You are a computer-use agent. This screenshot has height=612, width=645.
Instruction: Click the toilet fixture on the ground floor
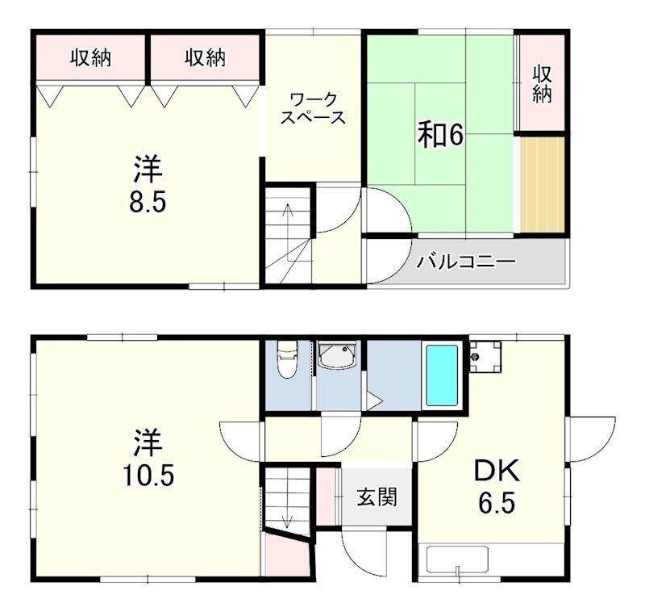click(287, 358)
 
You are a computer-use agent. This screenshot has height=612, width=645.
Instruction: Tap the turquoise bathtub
click(442, 375)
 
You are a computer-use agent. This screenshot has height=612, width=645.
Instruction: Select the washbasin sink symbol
click(338, 356)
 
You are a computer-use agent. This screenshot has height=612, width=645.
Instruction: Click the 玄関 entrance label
click(377, 497)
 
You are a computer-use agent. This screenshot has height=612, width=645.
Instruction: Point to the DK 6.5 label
click(497, 485)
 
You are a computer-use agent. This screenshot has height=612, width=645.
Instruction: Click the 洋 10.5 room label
click(148, 457)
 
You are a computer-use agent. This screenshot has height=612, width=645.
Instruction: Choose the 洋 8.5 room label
click(148, 184)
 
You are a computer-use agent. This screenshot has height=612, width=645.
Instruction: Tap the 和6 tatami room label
click(440, 135)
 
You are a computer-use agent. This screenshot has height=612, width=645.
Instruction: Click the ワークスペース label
click(313, 108)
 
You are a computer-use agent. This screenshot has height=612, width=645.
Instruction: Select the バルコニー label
click(466, 262)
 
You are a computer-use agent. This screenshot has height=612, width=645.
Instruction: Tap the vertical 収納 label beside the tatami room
click(542, 85)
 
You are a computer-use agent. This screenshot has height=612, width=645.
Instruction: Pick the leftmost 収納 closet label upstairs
click(90, 57)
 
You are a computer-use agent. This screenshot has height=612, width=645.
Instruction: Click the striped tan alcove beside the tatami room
click(542, 185)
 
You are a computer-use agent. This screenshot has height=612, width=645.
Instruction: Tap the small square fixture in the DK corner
click(485, 357)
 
